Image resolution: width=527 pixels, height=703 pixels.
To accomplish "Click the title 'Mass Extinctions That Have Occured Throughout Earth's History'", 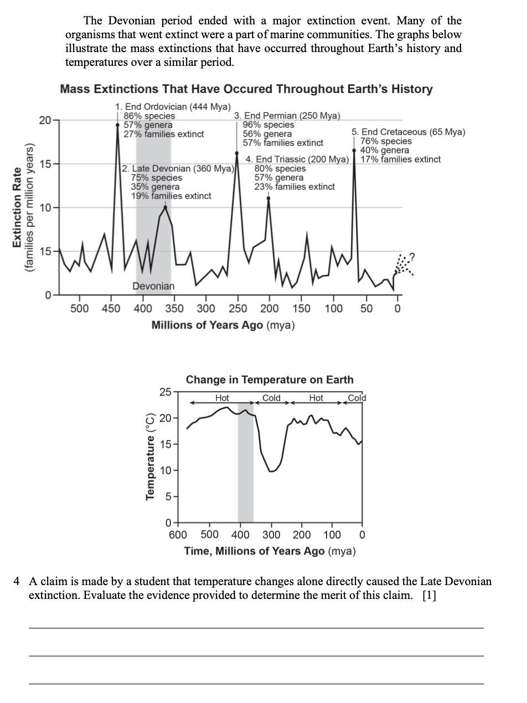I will [246, 89].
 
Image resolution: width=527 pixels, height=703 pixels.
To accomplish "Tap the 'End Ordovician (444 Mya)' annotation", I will [173, 107].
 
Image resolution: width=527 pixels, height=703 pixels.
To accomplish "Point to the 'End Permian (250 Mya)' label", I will [287, 116].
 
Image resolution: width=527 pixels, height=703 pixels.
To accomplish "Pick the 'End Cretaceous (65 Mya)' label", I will [409, 132].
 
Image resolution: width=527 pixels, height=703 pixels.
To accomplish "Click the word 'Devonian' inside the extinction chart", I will [153, 286].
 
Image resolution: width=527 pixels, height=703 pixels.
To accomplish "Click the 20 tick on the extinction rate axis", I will [45, 121].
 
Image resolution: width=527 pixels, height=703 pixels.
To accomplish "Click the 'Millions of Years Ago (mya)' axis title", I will [223, 325].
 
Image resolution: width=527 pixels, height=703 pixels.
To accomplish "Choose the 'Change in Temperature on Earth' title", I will [270, 380].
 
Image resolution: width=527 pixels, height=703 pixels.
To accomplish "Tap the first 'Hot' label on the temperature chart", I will [222, 398].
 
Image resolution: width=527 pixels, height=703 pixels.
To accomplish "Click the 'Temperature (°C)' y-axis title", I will [149, 456].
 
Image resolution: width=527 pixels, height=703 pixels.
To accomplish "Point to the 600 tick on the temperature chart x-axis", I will [178, 535].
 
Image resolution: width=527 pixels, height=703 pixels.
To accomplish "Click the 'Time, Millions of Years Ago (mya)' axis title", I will [270, 551].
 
